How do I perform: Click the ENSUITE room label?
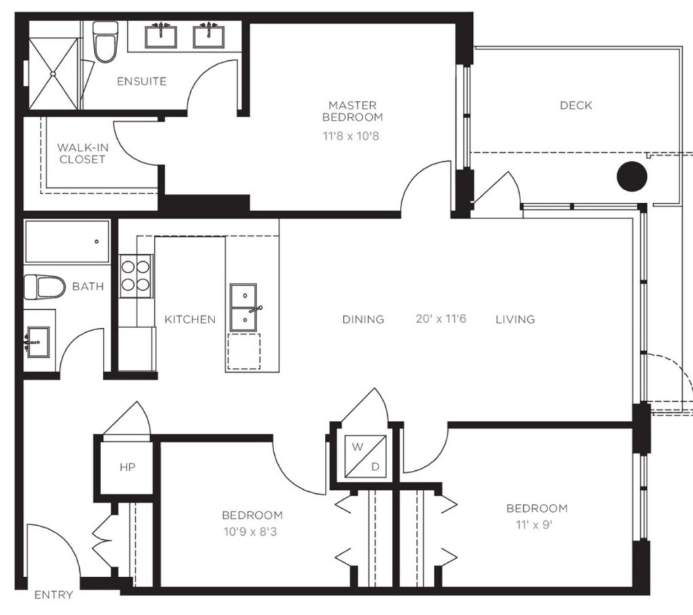141,81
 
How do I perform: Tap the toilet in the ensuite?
105,42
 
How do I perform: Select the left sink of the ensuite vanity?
161,37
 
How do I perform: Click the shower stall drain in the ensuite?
53,74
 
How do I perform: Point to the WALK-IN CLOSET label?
83,154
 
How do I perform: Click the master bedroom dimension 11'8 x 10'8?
351,135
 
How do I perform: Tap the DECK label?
575,105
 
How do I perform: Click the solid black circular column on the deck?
632,177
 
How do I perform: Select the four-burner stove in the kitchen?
135,275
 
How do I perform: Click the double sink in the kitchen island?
243,307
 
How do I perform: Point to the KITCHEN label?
190,319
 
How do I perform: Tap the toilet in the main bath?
44,287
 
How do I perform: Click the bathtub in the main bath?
67,242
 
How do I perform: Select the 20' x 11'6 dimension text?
441,319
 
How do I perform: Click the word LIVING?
515,319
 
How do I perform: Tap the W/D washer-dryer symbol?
365,457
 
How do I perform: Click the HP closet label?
127,467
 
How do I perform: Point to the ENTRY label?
53,595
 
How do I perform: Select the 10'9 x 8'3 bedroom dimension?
250,532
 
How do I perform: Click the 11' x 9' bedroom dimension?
535,525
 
